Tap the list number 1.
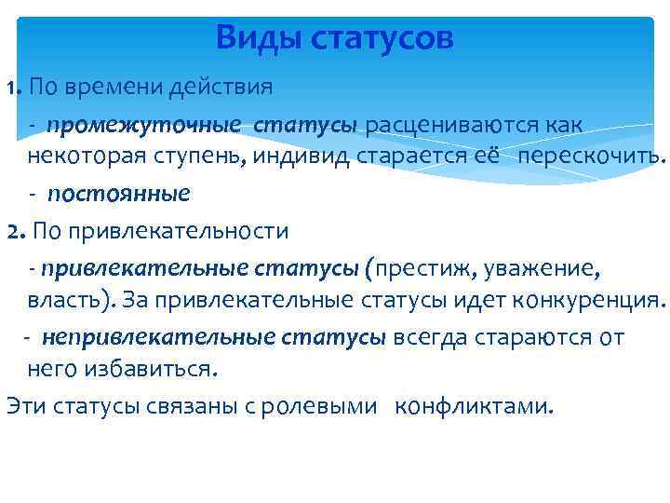point(11,89)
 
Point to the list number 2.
point(12,230)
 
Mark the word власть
point(63,301)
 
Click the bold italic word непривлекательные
point(150,336)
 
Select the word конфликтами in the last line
point(474,406)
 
